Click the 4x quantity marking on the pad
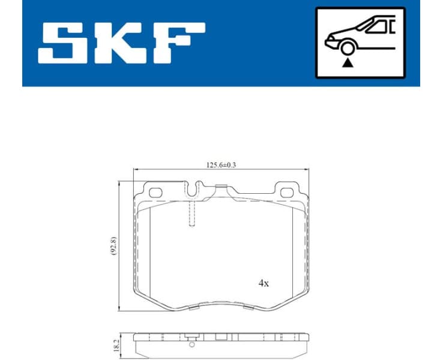[263, 283]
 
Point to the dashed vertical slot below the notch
[191, 214]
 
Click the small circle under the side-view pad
[191, 344]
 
